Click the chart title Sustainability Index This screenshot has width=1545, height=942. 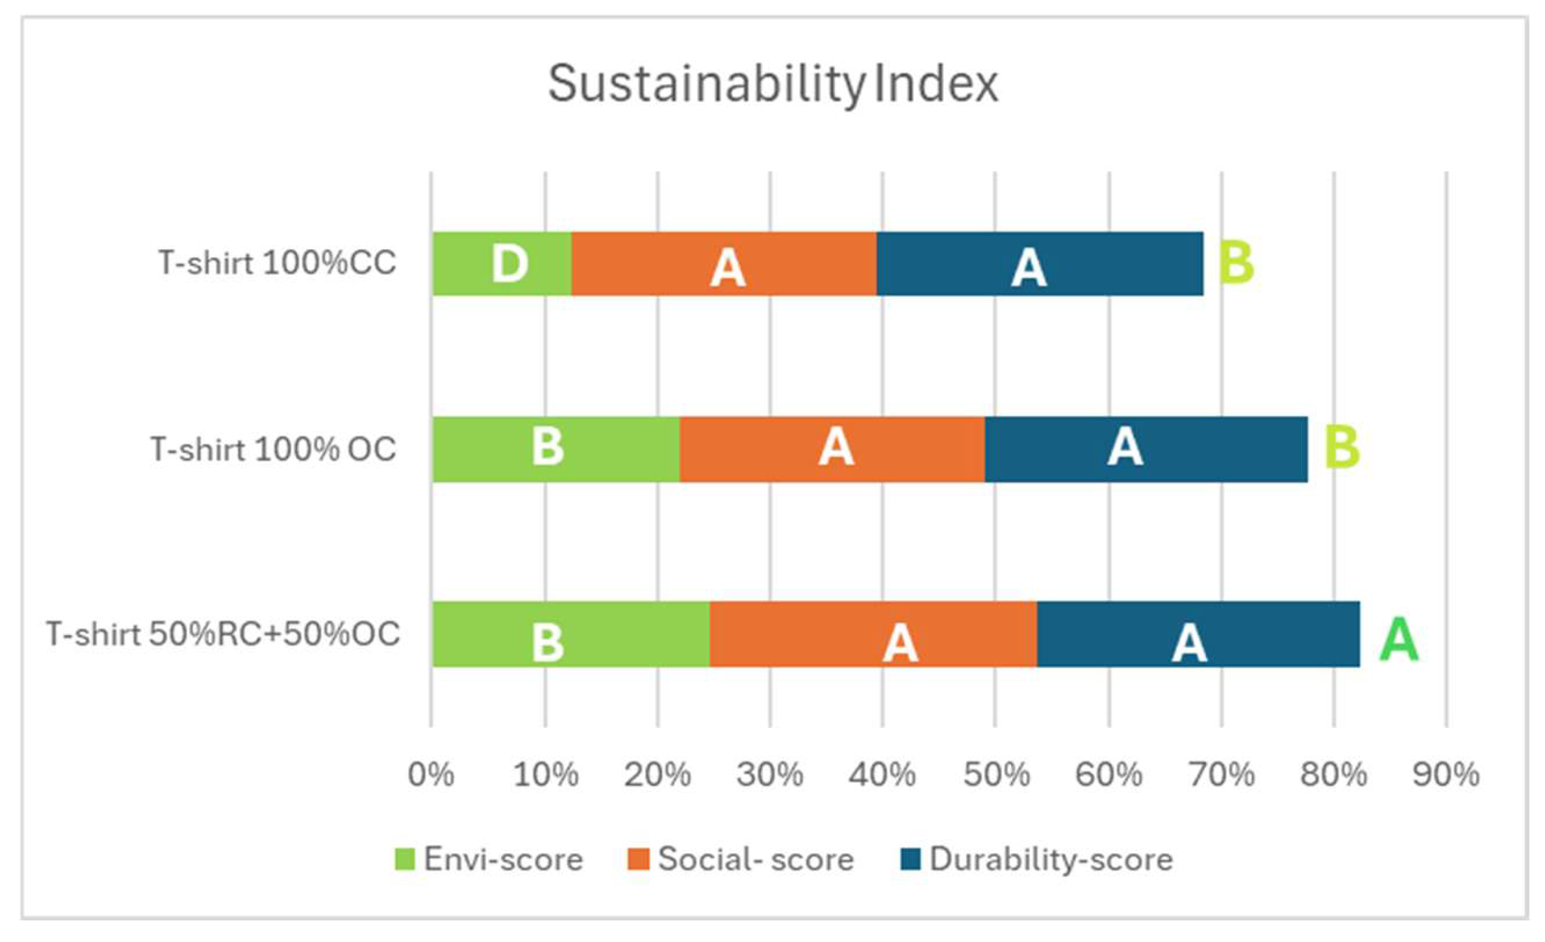pos(772,84)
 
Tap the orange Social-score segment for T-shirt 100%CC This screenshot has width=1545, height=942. pos(724,264)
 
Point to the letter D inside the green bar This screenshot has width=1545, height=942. pos(509,264)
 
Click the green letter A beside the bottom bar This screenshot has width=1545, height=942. pos(1398,639)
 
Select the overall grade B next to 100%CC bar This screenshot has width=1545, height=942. pos(1236,263)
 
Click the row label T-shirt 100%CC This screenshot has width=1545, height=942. pos(277,263)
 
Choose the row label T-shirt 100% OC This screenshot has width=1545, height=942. pos(273,449)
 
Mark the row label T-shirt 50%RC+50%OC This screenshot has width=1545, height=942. pos(223,634)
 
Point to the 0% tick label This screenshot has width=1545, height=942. pos(431,774)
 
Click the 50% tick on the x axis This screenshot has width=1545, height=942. pos(996,774)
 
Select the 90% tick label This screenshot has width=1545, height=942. pos(1446,774)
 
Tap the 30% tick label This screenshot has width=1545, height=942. pos(770,774)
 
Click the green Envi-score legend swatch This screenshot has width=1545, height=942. pos(404,859)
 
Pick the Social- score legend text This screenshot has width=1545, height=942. pos(756,859)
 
